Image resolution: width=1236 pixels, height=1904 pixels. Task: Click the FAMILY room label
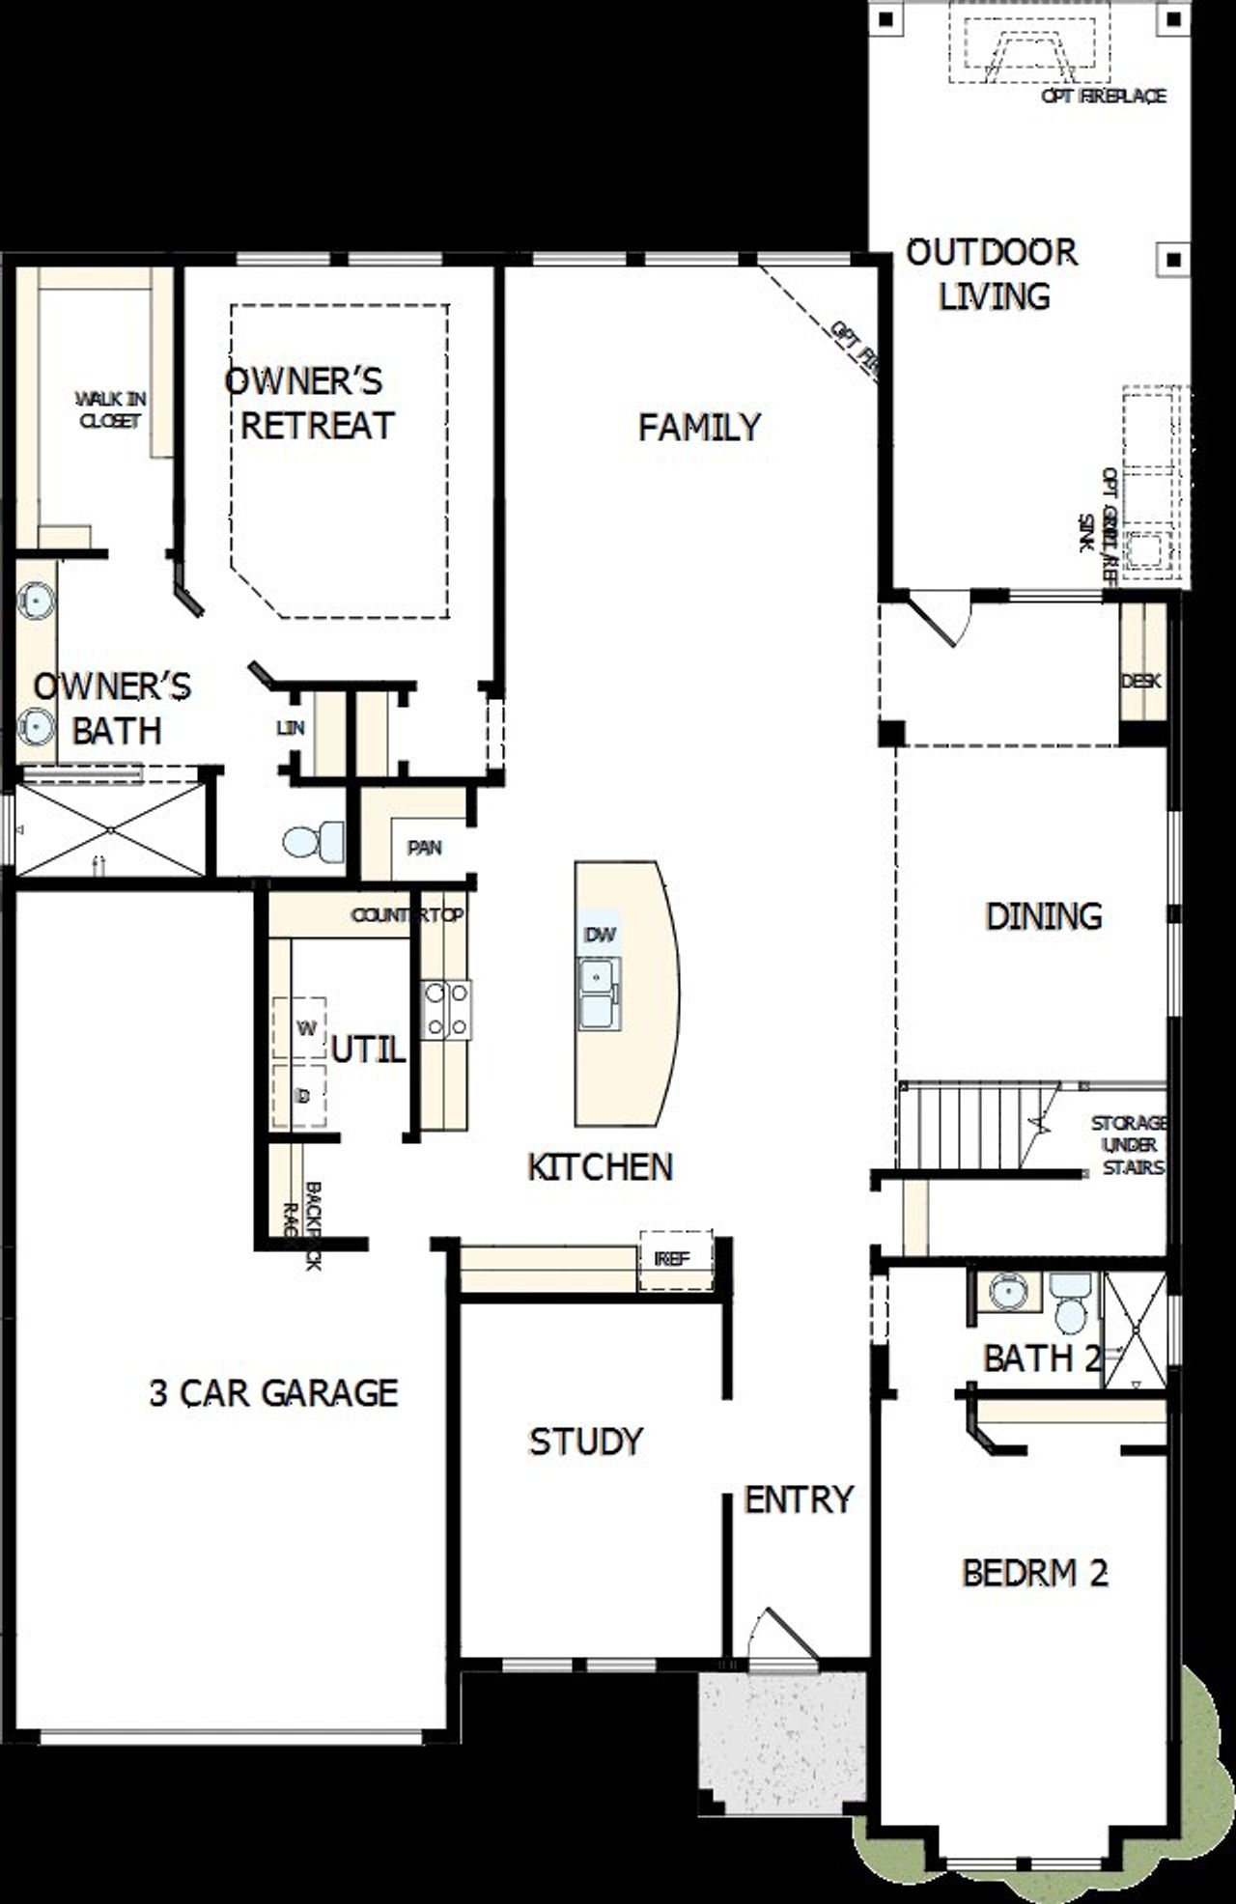(699, 427)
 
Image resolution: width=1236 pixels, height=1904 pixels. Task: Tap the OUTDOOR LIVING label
(993, 274)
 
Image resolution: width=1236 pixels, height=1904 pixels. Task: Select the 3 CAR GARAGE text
(273, 1392)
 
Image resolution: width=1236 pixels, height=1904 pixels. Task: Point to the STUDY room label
(585, 1442)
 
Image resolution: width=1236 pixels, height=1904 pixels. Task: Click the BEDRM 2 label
(1034, 1573)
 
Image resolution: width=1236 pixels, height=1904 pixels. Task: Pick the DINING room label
(1043, 915)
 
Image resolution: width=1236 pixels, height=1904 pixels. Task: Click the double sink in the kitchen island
(600, 994)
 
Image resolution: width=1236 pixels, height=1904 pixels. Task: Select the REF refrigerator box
(673, 1259)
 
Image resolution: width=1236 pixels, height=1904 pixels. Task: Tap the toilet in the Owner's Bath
(314, 841)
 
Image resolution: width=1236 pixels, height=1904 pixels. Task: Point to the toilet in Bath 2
(1070, 1302)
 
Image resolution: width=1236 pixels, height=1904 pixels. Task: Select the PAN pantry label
(424, 848)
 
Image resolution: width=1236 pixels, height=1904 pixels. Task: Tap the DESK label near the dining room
(1140, 681)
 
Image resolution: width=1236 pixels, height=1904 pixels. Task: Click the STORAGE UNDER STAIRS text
(1129, 1145)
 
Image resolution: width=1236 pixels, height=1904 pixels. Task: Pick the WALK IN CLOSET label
(110, 409)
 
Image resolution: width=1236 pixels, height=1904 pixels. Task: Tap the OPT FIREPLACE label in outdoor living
(1104, 96)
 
